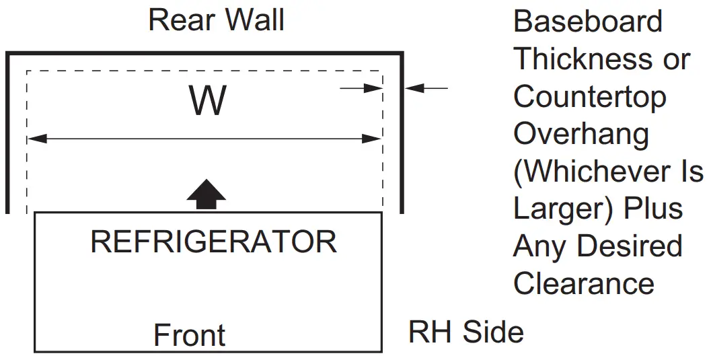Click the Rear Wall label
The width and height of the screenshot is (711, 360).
coord(216,20)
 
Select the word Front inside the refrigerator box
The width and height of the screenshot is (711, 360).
coord(190,335)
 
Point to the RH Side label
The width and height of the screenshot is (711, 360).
coord(465,332)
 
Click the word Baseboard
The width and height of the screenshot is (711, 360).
coord(588,22)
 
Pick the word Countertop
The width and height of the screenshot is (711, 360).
coord(590,98)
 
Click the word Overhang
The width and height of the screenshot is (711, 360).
coord(581,135)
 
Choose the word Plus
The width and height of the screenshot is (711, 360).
coord(653,209)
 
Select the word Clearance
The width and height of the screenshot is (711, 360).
coord(584,283)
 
